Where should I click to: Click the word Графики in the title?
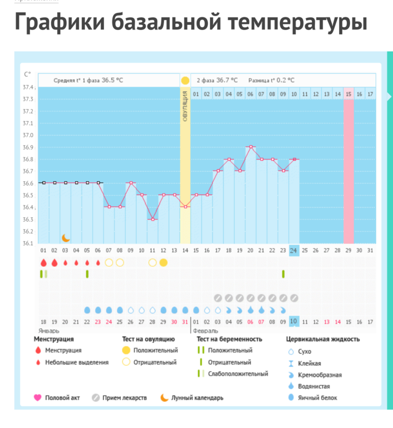coord(58,23)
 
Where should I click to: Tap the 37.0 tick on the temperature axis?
coord(27,135)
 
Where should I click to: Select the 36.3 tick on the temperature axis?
coord(27,220)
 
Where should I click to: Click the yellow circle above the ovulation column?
coord(185,81)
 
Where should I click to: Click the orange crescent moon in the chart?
coord(65,238)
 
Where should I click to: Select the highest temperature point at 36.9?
coord(250,147)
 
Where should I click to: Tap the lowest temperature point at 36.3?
coord(153,219)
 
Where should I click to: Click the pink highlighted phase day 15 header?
coord(348,94)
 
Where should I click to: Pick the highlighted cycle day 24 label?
coord(294,251)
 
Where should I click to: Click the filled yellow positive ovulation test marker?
coord(163,262)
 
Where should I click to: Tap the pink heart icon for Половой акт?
coord(38,398)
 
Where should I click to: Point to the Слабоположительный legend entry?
coord(238,374)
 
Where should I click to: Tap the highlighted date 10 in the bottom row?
coord(294,321)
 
